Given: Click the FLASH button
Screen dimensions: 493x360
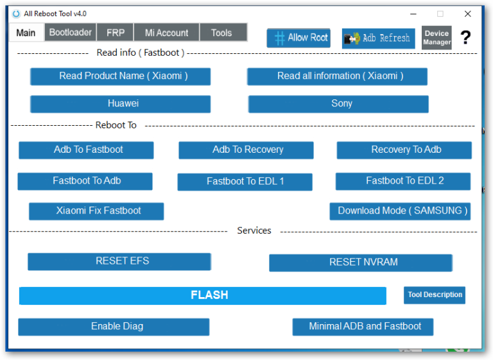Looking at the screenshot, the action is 202,296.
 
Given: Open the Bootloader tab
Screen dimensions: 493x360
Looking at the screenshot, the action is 71,32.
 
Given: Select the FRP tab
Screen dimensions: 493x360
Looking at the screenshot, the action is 116,32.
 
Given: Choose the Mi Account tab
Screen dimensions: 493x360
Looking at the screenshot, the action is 167,32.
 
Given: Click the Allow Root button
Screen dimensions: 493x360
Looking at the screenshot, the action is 298,38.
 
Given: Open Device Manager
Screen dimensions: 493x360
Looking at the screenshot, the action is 437,38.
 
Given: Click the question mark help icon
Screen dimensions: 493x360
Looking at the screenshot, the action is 465,37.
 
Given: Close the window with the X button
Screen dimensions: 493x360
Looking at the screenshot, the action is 467,14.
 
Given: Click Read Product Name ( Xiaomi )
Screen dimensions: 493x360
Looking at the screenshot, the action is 121,76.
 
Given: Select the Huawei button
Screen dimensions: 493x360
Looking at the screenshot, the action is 121,104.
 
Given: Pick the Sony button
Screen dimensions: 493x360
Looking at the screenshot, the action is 338,104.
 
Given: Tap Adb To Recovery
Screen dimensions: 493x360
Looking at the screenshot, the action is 246,150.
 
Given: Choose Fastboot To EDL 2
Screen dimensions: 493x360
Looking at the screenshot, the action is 403,181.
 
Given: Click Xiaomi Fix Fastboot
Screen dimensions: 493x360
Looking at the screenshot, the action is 96,211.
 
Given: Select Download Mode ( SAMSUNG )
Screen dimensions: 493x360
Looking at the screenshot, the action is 400,211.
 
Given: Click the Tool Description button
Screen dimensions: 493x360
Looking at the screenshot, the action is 435,295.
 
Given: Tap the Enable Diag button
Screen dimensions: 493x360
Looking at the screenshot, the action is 114,327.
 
